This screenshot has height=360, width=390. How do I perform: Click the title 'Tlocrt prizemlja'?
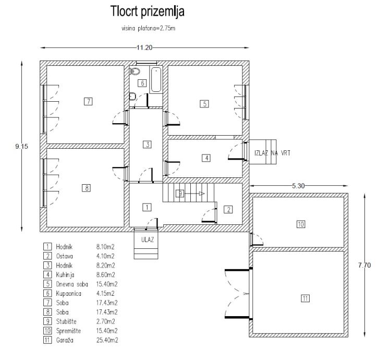(147, 11)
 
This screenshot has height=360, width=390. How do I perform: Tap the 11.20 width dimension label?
(144, 47)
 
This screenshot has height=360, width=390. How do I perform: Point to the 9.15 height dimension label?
(22, 147)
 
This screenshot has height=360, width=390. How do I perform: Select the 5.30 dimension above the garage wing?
(298, 186)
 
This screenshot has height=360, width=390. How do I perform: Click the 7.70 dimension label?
(364, 265)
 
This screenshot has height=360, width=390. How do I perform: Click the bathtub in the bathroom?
(156, 80)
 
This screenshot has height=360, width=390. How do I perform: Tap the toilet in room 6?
(135, 71)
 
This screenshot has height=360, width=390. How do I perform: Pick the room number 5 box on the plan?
(204, 104)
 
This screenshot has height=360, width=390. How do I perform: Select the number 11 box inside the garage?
(305, 298)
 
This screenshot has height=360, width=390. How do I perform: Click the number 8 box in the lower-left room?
(87, 188)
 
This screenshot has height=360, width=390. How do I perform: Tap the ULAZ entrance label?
(148, 239)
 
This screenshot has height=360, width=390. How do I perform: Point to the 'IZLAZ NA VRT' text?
(272, 153)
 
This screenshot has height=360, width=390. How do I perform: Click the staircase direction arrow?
(194, 194)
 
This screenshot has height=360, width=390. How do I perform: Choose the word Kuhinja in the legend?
(65, 275)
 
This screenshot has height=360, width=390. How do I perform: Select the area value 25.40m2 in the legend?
(107, 340)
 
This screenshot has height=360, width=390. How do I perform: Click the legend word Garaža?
(65, 340)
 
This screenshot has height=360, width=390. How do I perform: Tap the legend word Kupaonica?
(69, 294)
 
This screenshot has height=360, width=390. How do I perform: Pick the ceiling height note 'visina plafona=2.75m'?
(149, 28)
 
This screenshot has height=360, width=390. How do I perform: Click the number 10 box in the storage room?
(301, 224)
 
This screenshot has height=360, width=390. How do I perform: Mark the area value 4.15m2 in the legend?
(105, 294)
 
